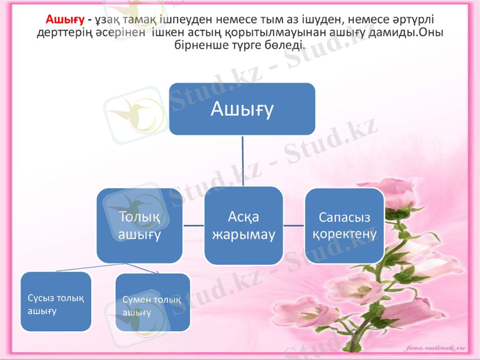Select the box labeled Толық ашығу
[x=140, y=226]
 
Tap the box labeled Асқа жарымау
[x=244, y=226]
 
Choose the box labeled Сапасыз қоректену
[x=344, y=226]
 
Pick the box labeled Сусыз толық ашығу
[x=56, y=302]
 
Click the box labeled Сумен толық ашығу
[x=152, y=303]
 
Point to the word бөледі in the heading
[x=286, y=45]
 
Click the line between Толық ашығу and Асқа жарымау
[x=193, y=226]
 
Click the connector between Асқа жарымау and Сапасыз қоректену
[x=294, y=226]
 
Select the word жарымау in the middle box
[x=244, y=234]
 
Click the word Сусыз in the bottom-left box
[x=42, y=298]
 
